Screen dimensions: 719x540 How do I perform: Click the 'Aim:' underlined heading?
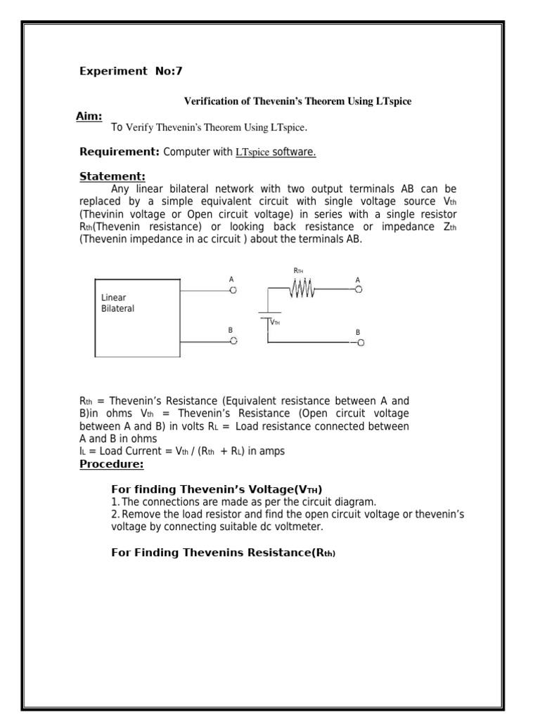[x=89, y=116]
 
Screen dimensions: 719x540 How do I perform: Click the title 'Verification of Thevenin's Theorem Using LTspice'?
[x=297, y=102]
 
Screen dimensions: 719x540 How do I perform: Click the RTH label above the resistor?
[x=298, y=271]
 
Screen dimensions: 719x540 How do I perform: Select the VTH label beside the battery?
[x=275, y=322]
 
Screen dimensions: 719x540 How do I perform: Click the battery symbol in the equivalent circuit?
[x=267, y=316]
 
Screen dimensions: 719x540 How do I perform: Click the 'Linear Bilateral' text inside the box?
[x=118, y=303]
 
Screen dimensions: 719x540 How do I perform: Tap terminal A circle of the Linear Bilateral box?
[x=233, y=289]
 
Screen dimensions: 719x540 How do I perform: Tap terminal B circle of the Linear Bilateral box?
[x=233, y=341]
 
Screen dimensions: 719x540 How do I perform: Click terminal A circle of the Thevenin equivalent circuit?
[x=359, y=289]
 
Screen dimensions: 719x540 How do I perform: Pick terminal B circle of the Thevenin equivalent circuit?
[x=361, y=342]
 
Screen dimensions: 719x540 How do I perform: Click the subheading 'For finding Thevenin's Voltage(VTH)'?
[x=217, y=489]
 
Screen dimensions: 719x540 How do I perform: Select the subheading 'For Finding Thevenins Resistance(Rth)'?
[x=224, y=553]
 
